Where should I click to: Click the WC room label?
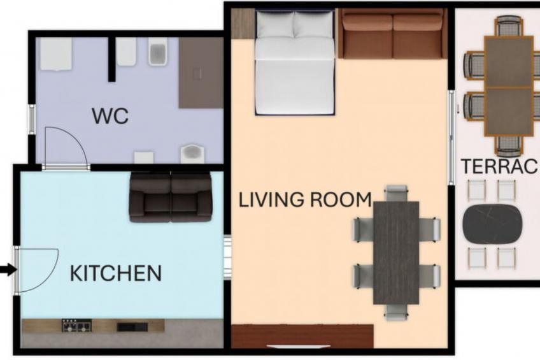pos(110,116)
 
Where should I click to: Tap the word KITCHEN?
pos(116,273)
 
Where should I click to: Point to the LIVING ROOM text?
pos(305,200)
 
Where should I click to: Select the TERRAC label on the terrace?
pos(500,166)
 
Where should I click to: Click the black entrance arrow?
pos(8,270)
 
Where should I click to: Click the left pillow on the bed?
pos(275,24)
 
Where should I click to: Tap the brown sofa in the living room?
pos(392,34)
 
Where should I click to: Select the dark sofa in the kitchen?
pos(171,197)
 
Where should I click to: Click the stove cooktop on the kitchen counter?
pos(76,325)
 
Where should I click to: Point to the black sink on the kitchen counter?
pos(132,327)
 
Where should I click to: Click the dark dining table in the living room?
pos(396,252)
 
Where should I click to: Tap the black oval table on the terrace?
pos(492,224)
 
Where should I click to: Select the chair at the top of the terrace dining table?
pos(509,26)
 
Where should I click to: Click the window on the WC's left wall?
pos(31,119)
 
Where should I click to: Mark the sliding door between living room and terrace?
pos(451,138)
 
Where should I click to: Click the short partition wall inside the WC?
pos(111,59)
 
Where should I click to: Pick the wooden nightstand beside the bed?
pos(243,24)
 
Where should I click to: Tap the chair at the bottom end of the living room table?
pos(396,312)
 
